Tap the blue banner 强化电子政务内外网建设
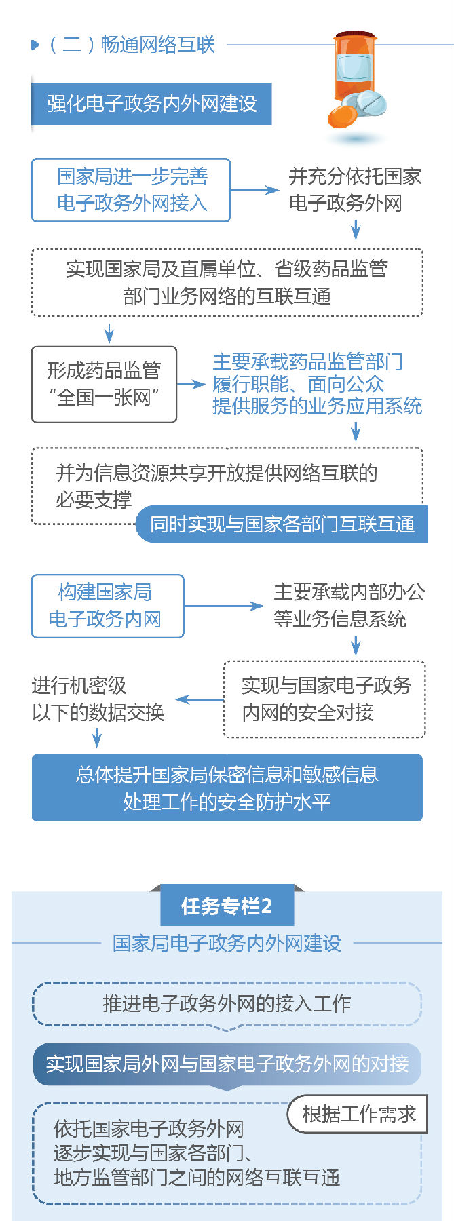pos(151,104)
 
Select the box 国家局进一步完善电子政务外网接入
pos(131,190)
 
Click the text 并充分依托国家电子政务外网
pos(355,190)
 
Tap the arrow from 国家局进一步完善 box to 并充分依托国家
pos(254,190)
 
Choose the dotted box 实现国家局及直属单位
pos(227,282)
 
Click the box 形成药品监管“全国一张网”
pos(104,384)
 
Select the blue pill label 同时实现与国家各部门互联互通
pos(282,524)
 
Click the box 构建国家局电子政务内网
pos(107,606)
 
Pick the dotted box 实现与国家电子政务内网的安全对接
pos(325,699)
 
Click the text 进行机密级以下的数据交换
pos(98,699)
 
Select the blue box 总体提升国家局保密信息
pos(227,788)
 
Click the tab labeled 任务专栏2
pos(227,906)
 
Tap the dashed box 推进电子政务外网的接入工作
pos(227,1003)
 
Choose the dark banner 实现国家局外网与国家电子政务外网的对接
pos(227,1064)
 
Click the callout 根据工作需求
pos(358,1114)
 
